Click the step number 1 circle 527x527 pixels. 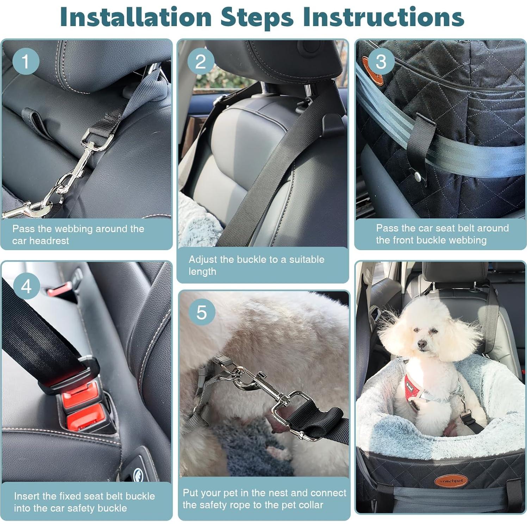pyautogui.click(x=25, y=61)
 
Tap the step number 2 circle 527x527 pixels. pyautogui.click(x=200, y=61)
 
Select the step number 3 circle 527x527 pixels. pyautogui.click(x=381, y=61)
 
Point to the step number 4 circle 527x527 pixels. pyautogui.click(x=26, y=286)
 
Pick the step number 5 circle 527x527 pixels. pyautogui.click(x=201, y=312)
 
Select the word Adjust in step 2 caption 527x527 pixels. pyautogui.click(x=203, y=259)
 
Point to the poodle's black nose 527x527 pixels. pyautogui.click(x=421, y=343)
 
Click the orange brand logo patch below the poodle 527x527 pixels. pyautogui.click(x=451, y=480)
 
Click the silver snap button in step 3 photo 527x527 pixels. pyautogui.click(x=418, y=176)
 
